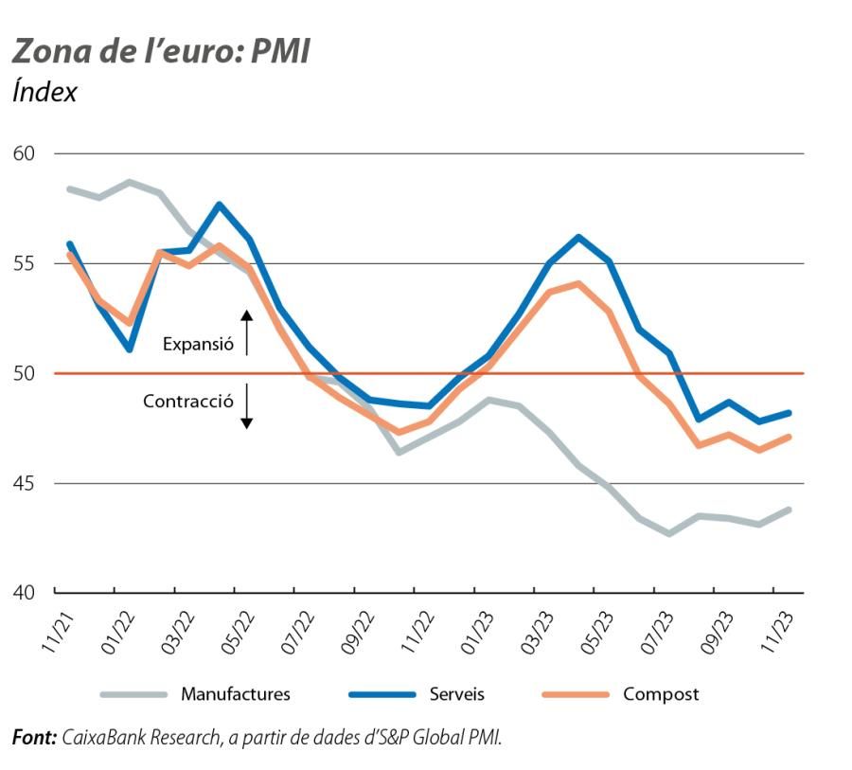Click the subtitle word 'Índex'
coord(44,93)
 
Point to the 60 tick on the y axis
coord(27,153)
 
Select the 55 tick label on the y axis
coord(27,263)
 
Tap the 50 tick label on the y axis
coord(27,373)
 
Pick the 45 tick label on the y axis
coord(27,483)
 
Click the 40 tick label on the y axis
coord(27,593)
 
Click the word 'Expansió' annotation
coord(198,345)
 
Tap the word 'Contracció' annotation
coord(188,402)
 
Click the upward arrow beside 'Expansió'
coord(247,331)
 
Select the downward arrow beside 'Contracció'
coord(247,407)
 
